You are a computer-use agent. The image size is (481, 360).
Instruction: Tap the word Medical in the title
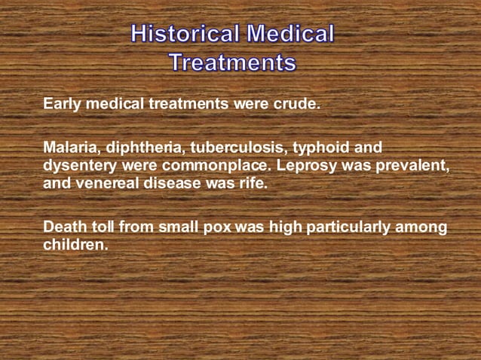point(291,34)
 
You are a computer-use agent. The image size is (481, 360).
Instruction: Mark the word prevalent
point(412,164)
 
